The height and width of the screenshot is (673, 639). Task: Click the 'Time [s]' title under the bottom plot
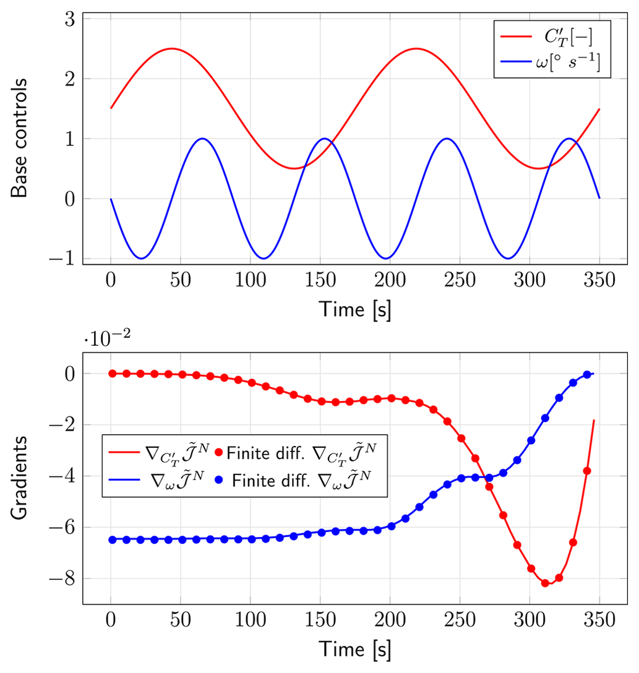[354, 648]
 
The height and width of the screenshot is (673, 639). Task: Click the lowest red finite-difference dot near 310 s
[545, 583]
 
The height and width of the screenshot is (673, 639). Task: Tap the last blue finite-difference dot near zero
[587, 374]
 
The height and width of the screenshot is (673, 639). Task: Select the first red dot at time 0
[112, 373]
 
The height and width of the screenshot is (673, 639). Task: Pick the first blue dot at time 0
[112, 539]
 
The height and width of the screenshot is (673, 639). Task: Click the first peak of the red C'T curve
[171, 48]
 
